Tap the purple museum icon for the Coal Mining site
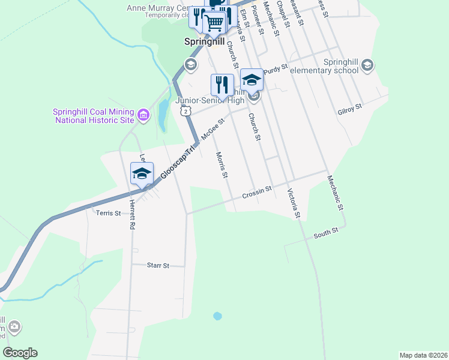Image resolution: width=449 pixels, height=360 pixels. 143,114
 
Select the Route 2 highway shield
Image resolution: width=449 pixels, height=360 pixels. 187,111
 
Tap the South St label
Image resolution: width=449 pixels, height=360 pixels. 327,233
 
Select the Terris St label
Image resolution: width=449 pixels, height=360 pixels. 109,212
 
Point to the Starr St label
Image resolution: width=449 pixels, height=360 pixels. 158,265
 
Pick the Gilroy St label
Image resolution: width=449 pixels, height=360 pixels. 350,107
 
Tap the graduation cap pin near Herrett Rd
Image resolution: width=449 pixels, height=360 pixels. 142,174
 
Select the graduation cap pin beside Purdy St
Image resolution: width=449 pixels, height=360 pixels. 252,80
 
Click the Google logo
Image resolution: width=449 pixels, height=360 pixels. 20,353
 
